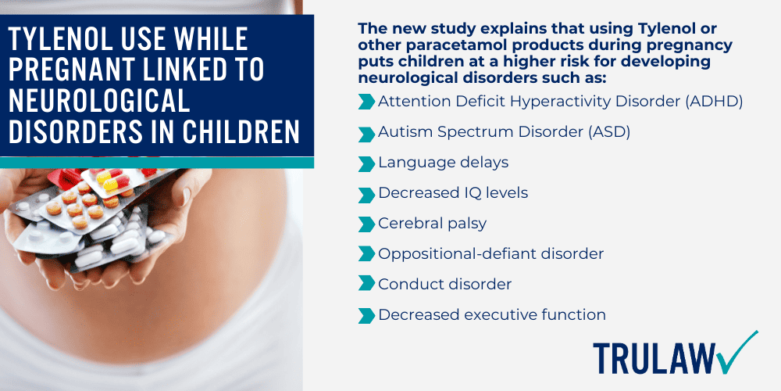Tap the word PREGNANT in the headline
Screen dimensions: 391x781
pos(77,70)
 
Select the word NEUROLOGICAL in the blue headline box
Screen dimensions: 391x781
pos(99,101)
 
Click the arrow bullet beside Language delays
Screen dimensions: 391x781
pos(366,163)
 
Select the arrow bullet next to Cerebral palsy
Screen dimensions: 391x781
pos(366,224)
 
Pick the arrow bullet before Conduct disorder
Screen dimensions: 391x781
pos(366,285)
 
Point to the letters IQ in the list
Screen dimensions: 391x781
pos(459,193)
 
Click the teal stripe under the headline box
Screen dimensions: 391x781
pos(156,163)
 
